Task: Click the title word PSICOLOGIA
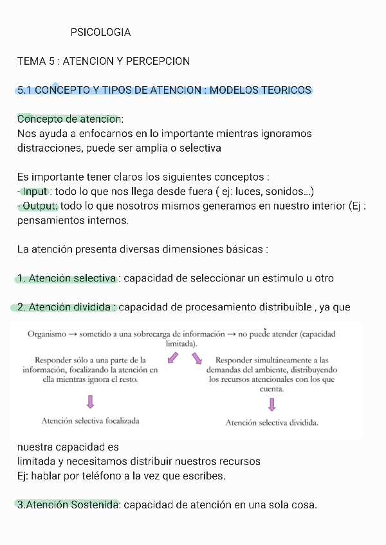tap(100, 32)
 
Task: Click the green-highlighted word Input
tap(35, 192)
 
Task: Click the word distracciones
tap(48, 148)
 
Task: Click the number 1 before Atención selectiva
tap(21, 278)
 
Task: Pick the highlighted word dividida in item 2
tap(91, 307)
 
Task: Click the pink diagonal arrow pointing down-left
tap(172, 357)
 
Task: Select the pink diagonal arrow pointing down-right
tap(196, 357)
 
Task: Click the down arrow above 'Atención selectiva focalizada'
tap(90, 402)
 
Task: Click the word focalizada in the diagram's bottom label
tap(118, 421)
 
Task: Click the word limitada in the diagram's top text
tap(180, 344)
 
